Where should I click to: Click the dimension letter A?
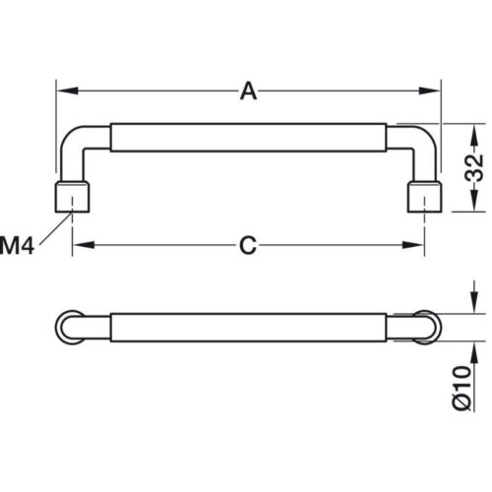point(248,92)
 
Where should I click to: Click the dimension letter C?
point(248,245)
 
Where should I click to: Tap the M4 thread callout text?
point(17,246)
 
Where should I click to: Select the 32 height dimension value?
point(474,167)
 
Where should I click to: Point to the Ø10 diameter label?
point(462,388)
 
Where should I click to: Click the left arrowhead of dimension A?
point(67,91)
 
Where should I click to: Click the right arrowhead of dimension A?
point(429,91)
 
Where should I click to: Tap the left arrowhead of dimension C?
point(84,245)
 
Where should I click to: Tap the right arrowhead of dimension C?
point(413,245)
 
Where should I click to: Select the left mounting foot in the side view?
point(72,197)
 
